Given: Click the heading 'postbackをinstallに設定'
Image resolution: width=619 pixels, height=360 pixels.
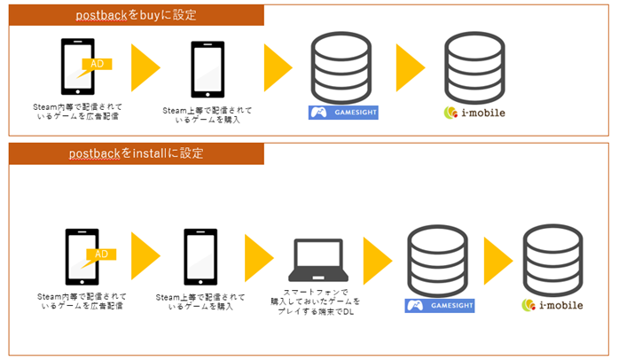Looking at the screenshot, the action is pyautogui.click(x=137, y=153).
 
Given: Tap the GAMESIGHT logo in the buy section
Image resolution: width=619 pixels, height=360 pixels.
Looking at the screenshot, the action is pyautogui.click(x=342, y=113).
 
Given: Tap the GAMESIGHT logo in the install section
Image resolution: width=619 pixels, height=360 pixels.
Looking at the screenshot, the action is pyautogui.click(x=439, y=306).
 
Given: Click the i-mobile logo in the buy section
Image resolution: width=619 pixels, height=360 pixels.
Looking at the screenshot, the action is pyautogui.click(x=475, y=113).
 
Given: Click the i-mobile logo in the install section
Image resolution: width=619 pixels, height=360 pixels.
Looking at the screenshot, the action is pyautogui.click(x=552, y=306).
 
